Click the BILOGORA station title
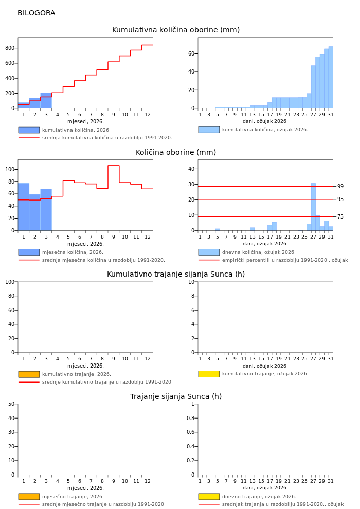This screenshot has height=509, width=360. pos(36,13)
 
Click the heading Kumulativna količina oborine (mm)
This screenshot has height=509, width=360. pos(176,30)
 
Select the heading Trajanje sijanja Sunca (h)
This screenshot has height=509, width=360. pos(176,397)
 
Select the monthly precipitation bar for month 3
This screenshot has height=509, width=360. pos(46,210)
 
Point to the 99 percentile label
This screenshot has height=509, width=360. pos(340,187)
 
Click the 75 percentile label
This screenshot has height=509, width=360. pos(340,217)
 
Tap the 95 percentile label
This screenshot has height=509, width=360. pos(340,199)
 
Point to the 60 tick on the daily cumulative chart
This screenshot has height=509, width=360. pos(191,53)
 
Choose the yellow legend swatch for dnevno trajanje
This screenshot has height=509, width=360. pos(209,497)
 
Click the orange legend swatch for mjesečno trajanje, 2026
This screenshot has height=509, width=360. pos(29,497)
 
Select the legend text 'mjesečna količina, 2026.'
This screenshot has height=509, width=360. pos(73,252)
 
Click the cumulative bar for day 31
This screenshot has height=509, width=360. pos(331,77)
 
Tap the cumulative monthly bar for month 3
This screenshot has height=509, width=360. pos(46,101)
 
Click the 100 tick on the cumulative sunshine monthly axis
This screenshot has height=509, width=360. pos(9,282)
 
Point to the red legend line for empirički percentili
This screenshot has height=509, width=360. pos(209,260)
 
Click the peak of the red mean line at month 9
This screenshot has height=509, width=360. pos(113,166)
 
